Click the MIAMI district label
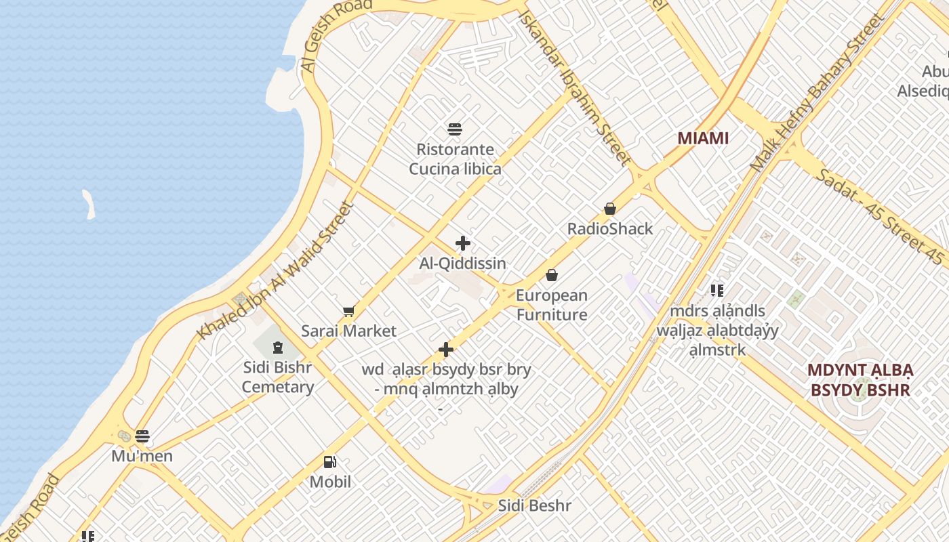[703, 138]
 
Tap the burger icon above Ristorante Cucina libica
[455, 129]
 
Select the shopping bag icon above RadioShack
[610, 209]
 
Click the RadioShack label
[610, 228]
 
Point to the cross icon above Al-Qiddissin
[463, 243]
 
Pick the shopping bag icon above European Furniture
[552, 275]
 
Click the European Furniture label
[552, 305]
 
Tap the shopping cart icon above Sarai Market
[348, 311]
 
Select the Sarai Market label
[348, 331]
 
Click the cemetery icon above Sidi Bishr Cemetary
[277, 348]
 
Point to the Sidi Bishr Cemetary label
[278, 377]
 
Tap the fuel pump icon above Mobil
[330, 462]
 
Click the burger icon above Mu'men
[142, 436]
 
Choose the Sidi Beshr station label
[535, 505]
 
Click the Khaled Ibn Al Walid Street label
[276, 271]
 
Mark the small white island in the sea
[89, 204]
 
